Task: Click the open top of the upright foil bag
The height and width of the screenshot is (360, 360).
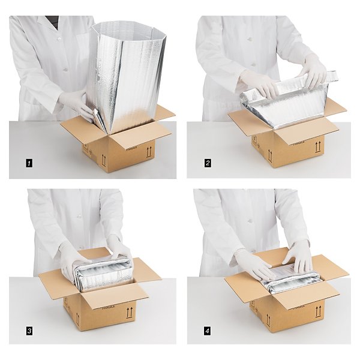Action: click(x=127, y=28)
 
